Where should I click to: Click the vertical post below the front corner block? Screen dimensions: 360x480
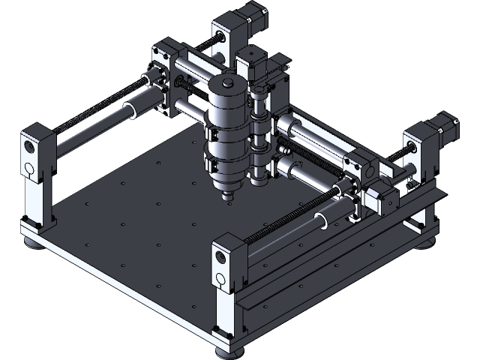click(225, 315)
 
